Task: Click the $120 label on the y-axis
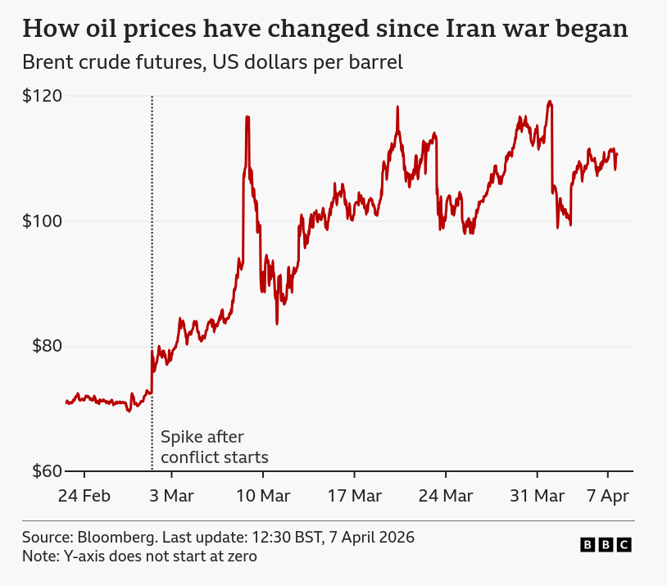(42, 96)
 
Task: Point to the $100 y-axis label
(42, 221)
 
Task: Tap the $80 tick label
(46, 346)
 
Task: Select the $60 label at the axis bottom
(46, 471)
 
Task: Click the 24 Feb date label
(84, 496)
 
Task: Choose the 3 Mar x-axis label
(172, 496)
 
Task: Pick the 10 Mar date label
(263, 496)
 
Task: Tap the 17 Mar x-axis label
(354, 496)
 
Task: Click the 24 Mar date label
(446, 496)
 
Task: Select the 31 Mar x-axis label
(537, 496)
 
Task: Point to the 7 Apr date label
(607, 496)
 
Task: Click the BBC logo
(606, 545)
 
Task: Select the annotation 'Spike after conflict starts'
(214, 447)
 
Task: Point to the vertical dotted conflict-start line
(152, 246)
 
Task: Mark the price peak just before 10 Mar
(247, 117)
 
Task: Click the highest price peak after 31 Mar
(550, 102)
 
